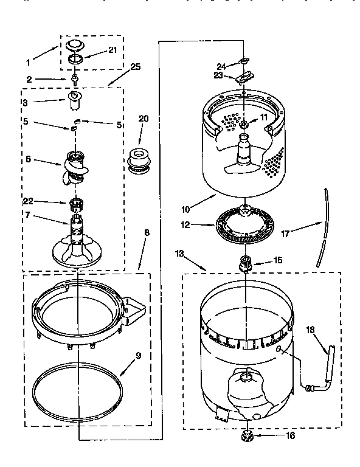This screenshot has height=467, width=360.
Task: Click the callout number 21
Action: point(112,50)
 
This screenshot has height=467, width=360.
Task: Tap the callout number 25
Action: point(136,67)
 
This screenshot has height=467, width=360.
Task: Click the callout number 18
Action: point(310,330)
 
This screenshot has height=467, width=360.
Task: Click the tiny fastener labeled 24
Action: point(244,61)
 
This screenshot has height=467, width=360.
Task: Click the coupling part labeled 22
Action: point(76,202)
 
